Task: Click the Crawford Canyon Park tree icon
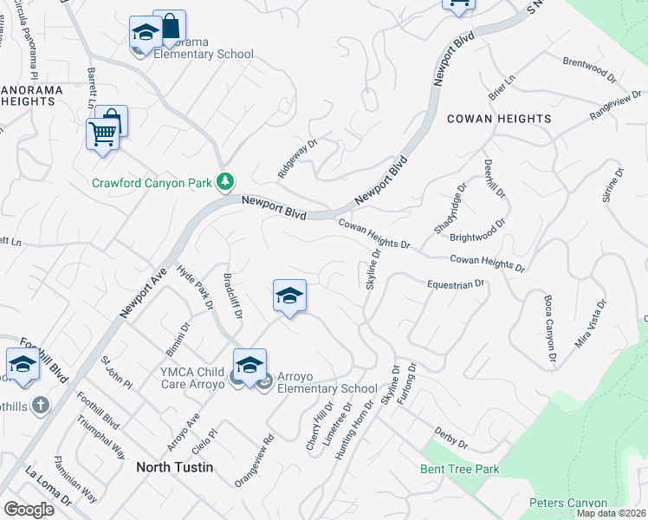tap(225, 181)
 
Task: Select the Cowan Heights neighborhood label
tap(499, 119)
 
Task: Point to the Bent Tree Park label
tap(460, 469)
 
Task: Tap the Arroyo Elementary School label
tap(327, 389)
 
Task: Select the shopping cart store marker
tap(102, 135)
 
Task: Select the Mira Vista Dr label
tap(592, 324)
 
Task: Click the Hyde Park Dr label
tap(195, 288)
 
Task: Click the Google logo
tap(29, 509)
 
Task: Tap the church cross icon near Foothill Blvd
tap(39, 405)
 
